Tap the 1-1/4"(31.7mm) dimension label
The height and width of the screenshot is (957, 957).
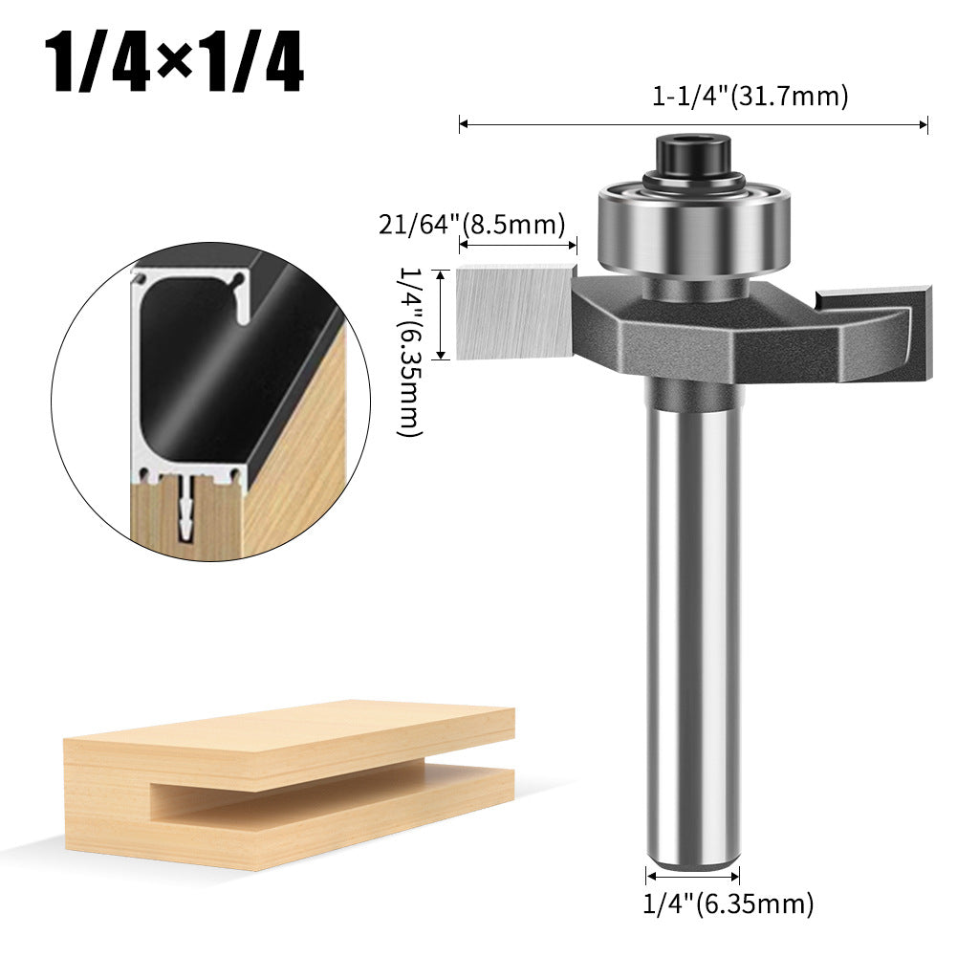coord(750,96)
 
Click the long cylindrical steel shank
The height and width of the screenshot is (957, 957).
coord(693,621)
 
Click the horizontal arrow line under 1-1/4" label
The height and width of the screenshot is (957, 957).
coord(693,124)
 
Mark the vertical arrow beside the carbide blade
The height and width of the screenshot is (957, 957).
coord(441,315)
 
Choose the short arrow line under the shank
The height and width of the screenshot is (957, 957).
coord(693,875)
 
